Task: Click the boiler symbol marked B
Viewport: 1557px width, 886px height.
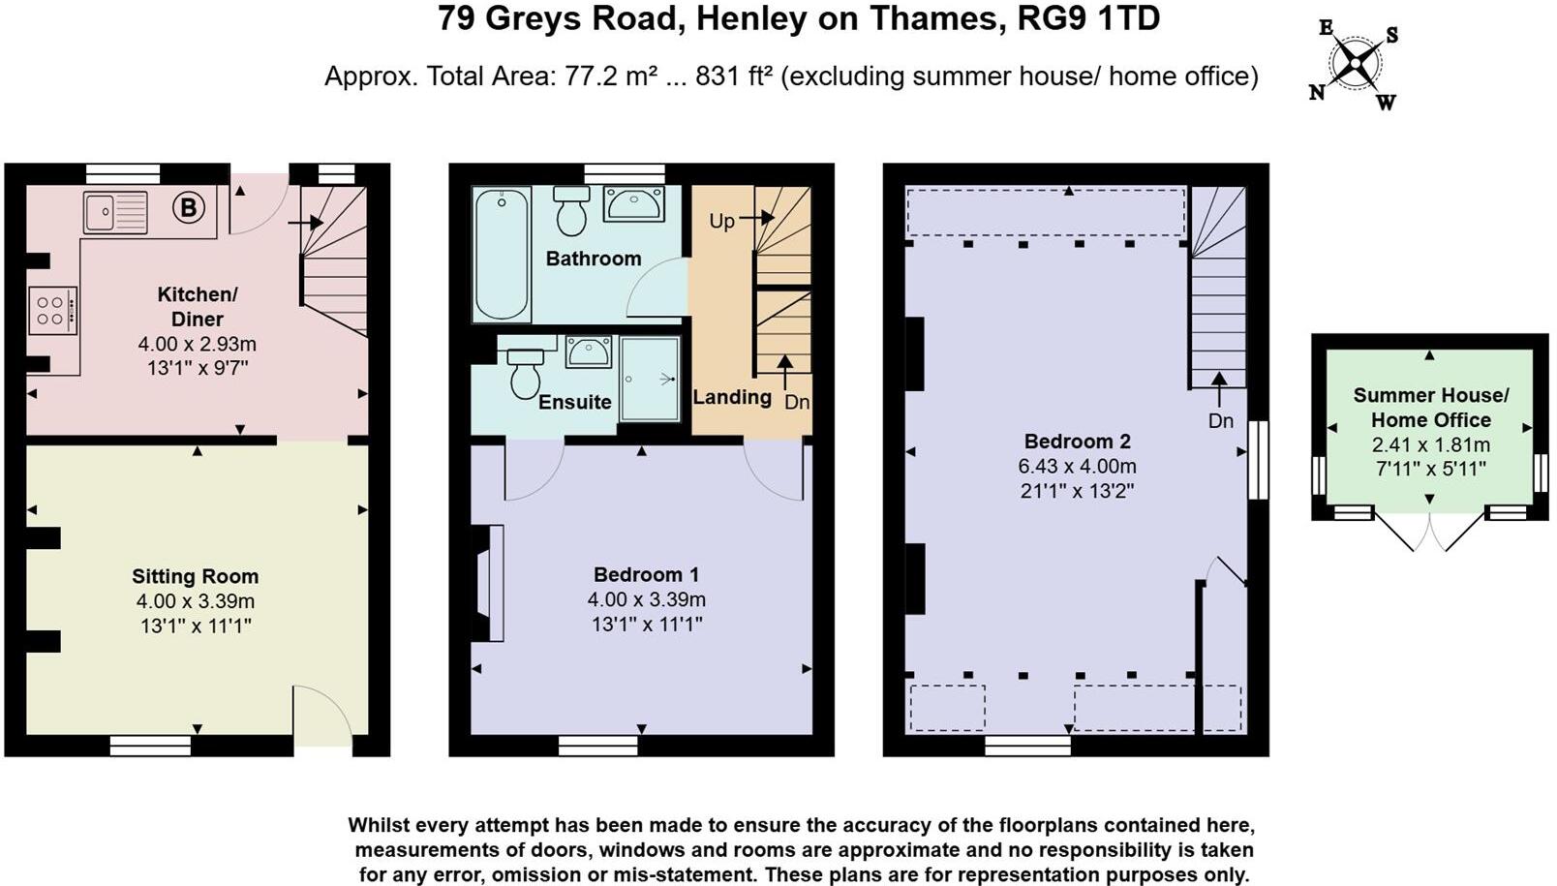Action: pyautogui.click(x=189, y=206)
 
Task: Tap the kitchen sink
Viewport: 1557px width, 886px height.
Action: pyautogui.click(x=115, y=213)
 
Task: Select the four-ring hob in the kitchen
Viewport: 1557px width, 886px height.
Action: pyautogui.click(x=52, y=311)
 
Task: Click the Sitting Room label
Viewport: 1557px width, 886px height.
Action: pyautogui.click(x=195, y=576)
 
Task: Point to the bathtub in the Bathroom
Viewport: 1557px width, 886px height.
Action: pyautogui.click(x=502, y=254)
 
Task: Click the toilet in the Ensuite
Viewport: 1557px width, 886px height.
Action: pyautogui.click(x=525, y=373)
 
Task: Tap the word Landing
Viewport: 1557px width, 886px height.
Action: pyautogui.click(x=732, y=397)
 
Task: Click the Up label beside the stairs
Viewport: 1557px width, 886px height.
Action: pyautogui.click(x=721, y=221)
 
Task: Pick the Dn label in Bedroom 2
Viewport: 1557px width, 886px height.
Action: pyautogui.click(x=1220, y=420)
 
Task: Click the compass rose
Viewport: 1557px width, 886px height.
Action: pyautogui.click(x=1355, y=64)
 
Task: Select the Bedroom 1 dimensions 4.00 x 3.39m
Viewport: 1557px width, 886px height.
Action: pyautogui.click(x=646, y=599)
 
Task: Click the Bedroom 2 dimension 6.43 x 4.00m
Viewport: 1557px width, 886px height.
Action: pyautogui.click(x=1077, y=466)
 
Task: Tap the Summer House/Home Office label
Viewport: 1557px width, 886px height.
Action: pyautogui.click(x=1430, y=408)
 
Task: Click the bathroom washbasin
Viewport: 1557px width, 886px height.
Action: pyautogui.click(x=633, y=203)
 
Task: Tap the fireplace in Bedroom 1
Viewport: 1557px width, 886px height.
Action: pyautogui.click(x=487, y=583)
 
